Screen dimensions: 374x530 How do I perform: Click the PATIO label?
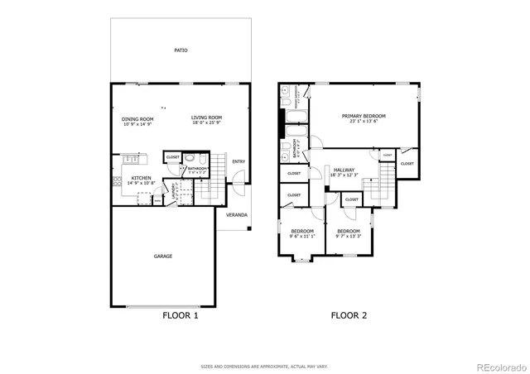click(181, 50)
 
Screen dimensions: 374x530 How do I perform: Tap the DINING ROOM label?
click(137, 118)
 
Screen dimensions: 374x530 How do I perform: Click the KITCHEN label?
click(142, 178)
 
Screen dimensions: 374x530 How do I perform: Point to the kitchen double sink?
click(130, 159)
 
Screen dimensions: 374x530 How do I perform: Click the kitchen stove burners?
click(144, 197)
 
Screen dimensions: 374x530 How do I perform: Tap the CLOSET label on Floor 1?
click(172, 156)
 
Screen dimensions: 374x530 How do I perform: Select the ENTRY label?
click(238, 161)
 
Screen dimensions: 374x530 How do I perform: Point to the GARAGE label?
click(163, 256)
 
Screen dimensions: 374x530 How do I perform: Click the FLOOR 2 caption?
click(349, 315)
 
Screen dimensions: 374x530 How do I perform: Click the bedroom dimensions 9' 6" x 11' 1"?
click(302, 236)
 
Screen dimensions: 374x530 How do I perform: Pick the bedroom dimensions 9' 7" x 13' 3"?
click(348, 236)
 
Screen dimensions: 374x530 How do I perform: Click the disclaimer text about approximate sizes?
click(264, 365)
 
